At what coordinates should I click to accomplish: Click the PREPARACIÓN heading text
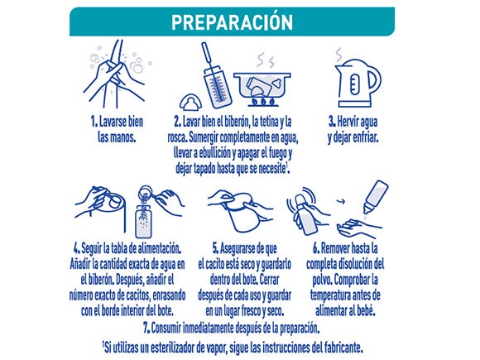pyautogui.click(x=232, y=22)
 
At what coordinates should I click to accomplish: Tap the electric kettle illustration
pyautogui.click(x=358, y=83)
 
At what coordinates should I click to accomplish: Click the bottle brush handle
pyautogui.click(x=207, y=56)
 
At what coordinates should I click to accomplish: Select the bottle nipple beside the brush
pyautogui.click(x=190, y=103)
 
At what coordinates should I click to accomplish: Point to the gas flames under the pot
pyautogui.click(x=263, y=101)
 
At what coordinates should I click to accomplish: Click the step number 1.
pyautogui.click(x=94, y=122)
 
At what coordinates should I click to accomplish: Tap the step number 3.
pyautogui.click(x=332, y=122)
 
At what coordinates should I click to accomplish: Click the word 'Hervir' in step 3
pyautogui.click(x=346, y=122)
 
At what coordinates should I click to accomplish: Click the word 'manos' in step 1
pyautogui.click(x=125, y=137)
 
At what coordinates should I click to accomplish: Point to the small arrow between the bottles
pyautogui.click(x=341, y=201)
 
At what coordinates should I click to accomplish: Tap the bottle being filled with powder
pyautogui.click(x=143, y=222)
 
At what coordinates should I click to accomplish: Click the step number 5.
pyautogui.click(x=215, y=248)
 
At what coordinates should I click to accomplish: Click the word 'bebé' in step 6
pyautogui.click(x=366, y=311)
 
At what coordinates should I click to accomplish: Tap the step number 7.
pyautogui.click(x=146, y=329)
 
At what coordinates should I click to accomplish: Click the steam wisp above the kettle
pyautogui.click(x=338, y=55)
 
